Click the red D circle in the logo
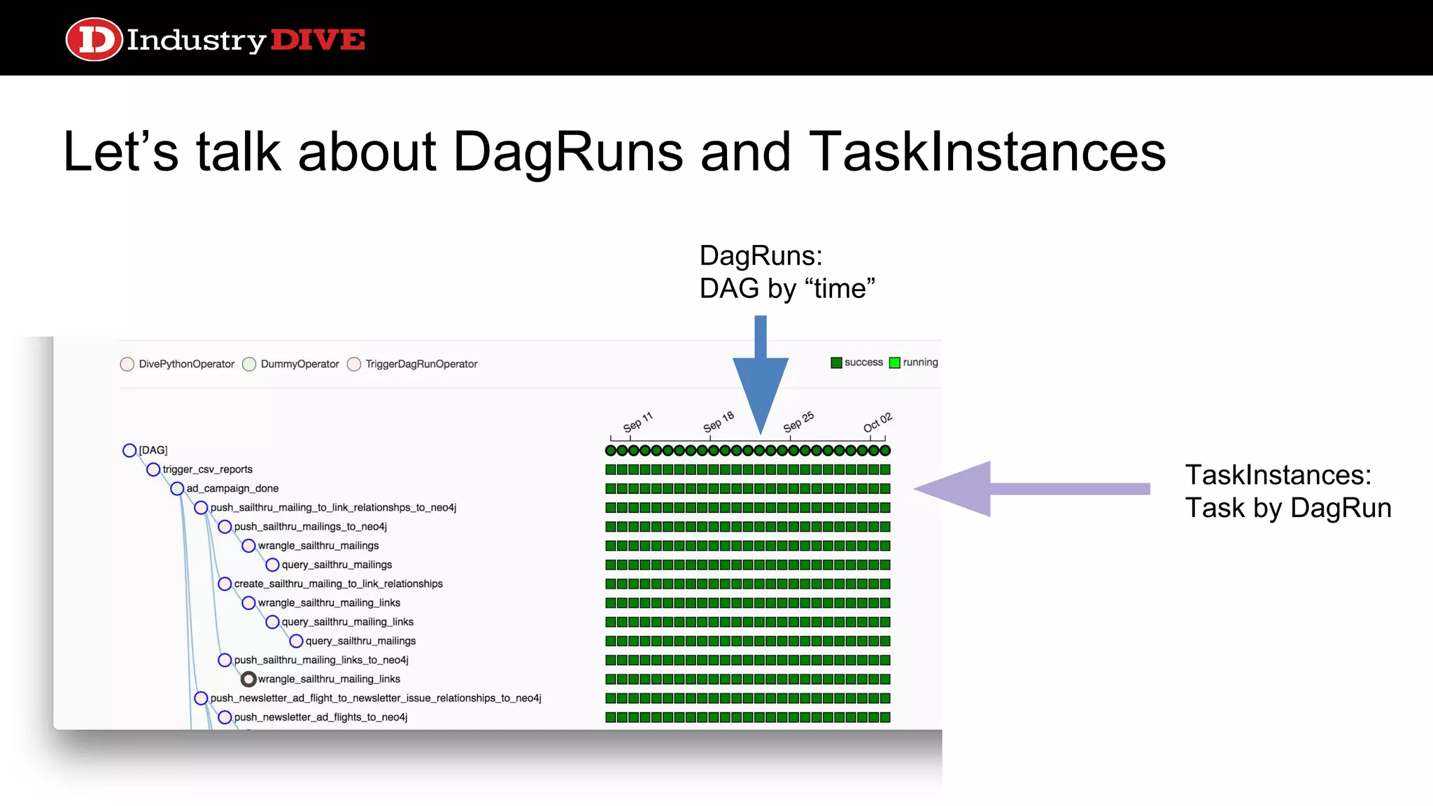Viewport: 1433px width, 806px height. pos(94,39)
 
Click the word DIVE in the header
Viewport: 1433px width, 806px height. pos(317,40)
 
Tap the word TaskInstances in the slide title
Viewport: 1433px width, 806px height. pos(987,152)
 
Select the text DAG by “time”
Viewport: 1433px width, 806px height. pos(787,288)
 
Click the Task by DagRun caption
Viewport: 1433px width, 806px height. pos(1287,508)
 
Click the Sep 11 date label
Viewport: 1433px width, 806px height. pos(637,422)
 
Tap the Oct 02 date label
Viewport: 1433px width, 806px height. pos(877,422)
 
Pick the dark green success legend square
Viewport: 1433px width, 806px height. pos(836,362)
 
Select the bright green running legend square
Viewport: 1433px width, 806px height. pos(894,362)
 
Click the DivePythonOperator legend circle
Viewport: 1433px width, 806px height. pos(127,364)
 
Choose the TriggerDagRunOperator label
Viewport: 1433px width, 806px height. pos(421,364)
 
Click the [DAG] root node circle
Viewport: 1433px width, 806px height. pos(129,450)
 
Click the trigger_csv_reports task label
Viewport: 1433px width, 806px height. pos(207,469)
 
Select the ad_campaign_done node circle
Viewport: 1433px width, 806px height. pos(177,488)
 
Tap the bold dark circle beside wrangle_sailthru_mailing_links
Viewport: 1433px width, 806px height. pos(248,679)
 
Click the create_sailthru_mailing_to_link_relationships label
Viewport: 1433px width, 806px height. pos(338,584)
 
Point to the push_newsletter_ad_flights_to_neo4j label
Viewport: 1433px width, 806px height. pos(320,717)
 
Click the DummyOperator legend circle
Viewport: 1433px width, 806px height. pos(249,364)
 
